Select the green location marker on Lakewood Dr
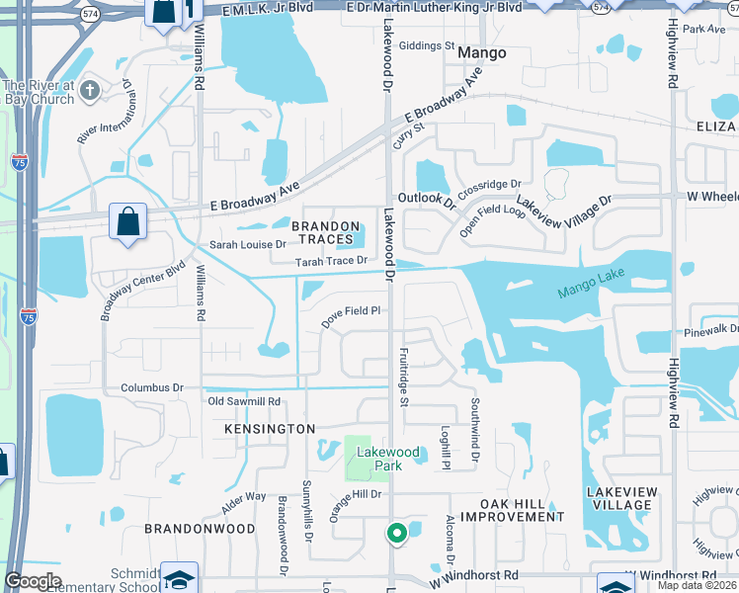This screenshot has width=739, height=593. point(397,534)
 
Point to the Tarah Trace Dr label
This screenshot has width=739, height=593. point(332,262)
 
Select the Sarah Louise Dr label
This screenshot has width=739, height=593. point(247,243)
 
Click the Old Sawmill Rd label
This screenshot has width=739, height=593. point(244,401)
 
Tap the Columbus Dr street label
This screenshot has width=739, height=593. point(152,387)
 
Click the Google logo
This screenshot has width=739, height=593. point(33,581)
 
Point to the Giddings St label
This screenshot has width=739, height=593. point(427,45)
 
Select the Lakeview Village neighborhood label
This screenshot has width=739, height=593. point(619,498)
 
